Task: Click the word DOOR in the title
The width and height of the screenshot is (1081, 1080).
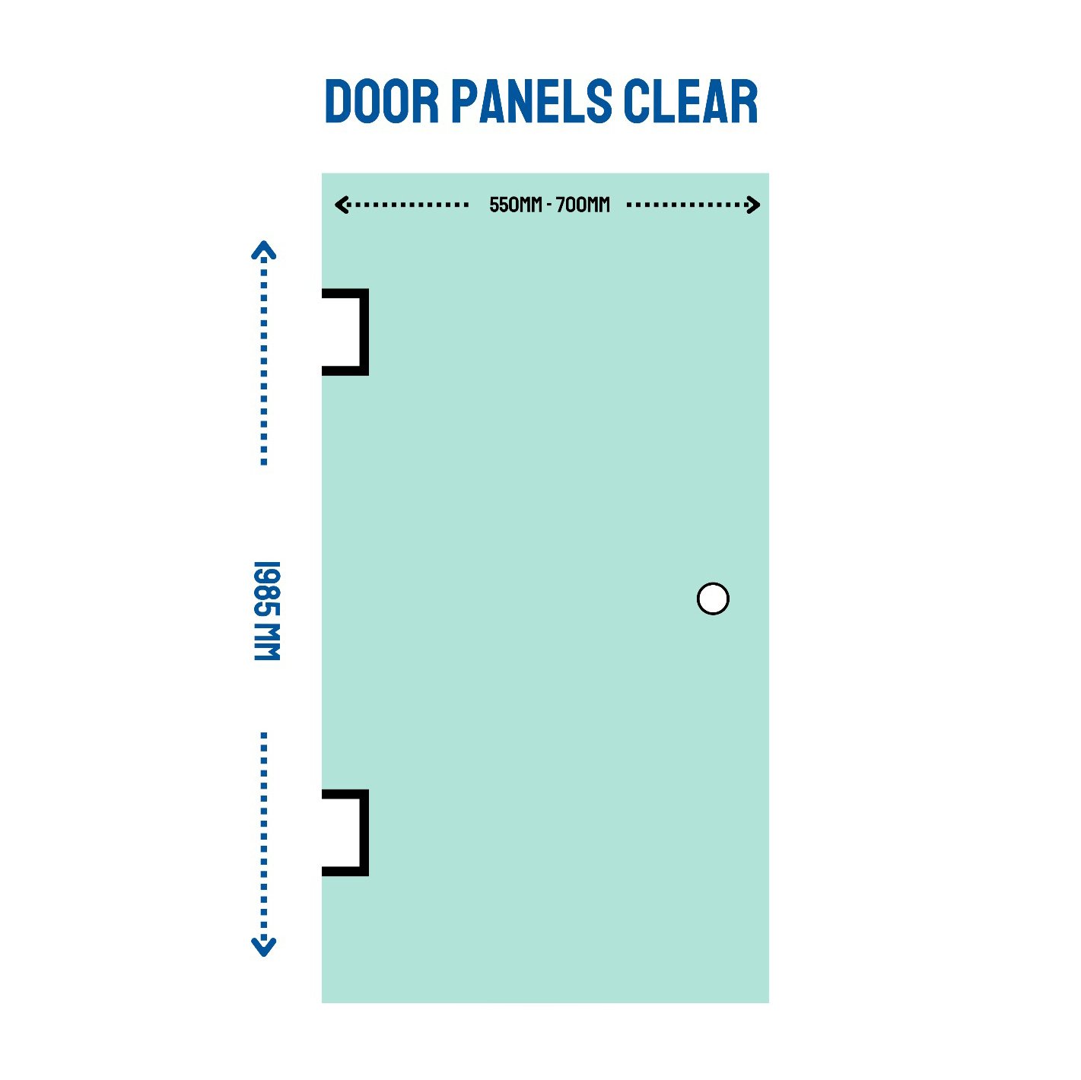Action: pos(381,101)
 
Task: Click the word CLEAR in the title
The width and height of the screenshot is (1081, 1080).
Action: pos(691,101)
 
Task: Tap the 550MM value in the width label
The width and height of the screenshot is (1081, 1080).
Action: pos(516,205)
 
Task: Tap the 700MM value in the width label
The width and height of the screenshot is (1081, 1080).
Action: pos(583,205)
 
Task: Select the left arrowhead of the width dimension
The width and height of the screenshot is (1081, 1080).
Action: pos(341,205)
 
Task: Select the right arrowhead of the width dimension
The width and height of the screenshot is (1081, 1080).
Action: pos(753,205)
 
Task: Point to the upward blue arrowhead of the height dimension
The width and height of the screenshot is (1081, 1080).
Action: pos(263,250)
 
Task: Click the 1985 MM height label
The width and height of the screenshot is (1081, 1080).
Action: pos(267,611)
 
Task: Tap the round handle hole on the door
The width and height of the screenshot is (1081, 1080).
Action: pos(713,599)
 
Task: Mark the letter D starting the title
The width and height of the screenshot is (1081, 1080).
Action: pos(339,101)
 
